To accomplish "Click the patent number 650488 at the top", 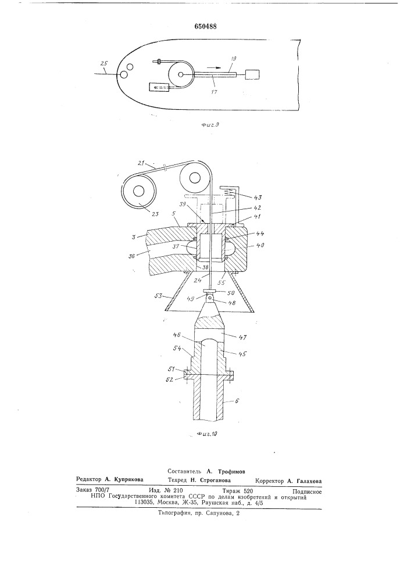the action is point(205,26).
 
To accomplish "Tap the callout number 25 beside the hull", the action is point(104,63).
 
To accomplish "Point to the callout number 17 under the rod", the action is point(214,92).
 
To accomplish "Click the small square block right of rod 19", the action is point(252,74).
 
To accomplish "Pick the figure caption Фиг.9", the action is point(210,125).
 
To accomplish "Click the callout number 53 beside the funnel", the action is point(159,295).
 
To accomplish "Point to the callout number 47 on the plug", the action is point(243,338).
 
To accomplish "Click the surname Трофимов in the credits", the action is point(231,472).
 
